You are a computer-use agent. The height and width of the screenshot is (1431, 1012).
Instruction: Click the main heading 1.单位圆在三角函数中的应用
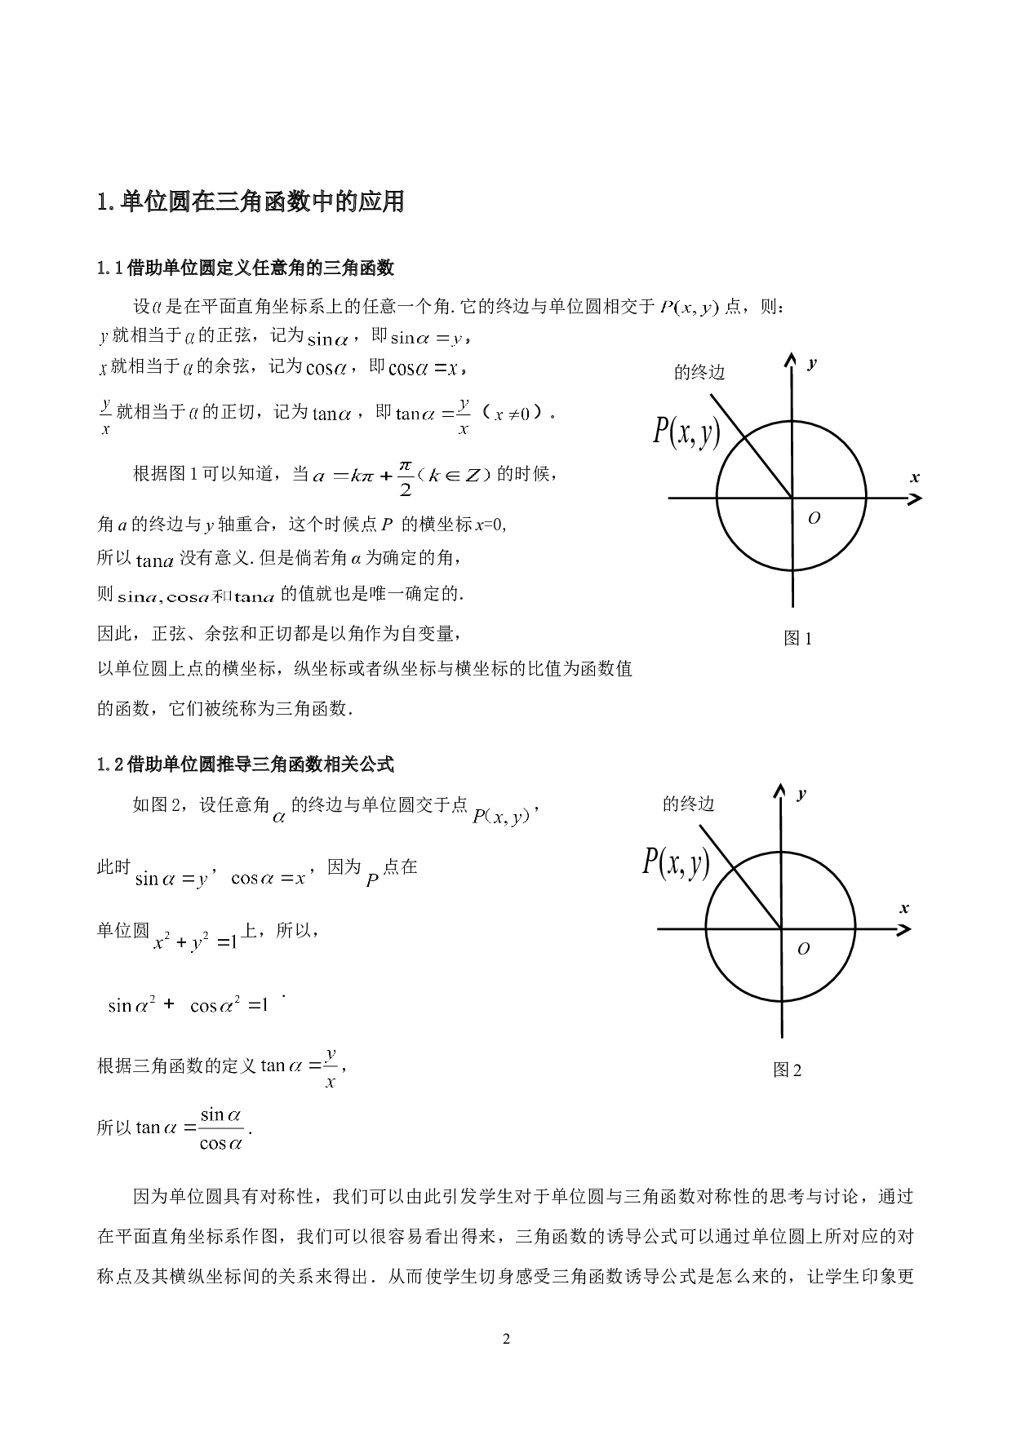coord(251,202)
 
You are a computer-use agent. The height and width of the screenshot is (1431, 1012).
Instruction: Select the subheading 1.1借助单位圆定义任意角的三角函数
coord(246,268)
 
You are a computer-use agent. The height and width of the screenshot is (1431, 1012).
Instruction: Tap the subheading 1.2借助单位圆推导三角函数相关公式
coord(246,764)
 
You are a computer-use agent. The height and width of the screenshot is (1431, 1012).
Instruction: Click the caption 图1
coord(797,639)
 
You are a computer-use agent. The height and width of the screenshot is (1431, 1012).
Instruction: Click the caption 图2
coord(788,1070)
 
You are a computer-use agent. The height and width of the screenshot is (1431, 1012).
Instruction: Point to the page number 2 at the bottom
coord(506,1339)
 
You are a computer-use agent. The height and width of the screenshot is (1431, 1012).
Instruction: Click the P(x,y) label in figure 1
coord(686,431)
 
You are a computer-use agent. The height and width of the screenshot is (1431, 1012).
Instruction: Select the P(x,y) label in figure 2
coord(676,862)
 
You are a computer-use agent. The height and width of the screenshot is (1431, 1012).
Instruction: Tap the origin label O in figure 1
coord(814,518)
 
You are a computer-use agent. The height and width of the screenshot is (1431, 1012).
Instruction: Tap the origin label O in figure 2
coord(803,949)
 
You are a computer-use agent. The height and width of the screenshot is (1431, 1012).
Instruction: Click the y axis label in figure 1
coord(812,364)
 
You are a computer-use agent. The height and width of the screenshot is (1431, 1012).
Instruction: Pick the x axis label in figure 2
coord(904,908)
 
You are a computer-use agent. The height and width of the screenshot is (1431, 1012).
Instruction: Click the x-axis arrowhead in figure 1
coord(915,497)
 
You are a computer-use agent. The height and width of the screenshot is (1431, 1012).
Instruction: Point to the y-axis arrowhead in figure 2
coord(781,791)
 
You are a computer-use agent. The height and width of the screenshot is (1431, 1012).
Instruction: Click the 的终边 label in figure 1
coord(699,373)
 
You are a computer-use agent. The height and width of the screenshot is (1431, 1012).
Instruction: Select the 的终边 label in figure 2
coord(689,804)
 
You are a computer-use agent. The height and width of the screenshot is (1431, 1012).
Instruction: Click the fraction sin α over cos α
coord(221,1129)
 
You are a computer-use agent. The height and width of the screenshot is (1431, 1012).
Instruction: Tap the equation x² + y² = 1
coord(195,941)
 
